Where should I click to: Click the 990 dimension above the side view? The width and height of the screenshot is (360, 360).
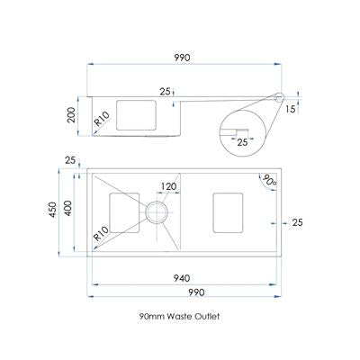coord(183,58)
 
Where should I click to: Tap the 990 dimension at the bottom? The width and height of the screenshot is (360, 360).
coord(196,292)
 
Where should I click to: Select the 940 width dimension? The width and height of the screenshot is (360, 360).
coord(182,278)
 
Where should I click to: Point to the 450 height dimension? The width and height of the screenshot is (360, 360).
coord(53,210)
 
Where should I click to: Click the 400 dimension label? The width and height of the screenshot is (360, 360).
coord(68,208)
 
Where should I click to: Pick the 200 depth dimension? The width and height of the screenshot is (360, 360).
coord(72,114)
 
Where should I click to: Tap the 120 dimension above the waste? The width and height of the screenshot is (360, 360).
coord(168,186)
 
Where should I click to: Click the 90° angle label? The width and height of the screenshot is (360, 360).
coord(269,181)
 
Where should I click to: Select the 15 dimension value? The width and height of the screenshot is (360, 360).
coord(290,109)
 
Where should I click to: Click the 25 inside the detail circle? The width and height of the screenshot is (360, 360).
coord(242,142)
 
